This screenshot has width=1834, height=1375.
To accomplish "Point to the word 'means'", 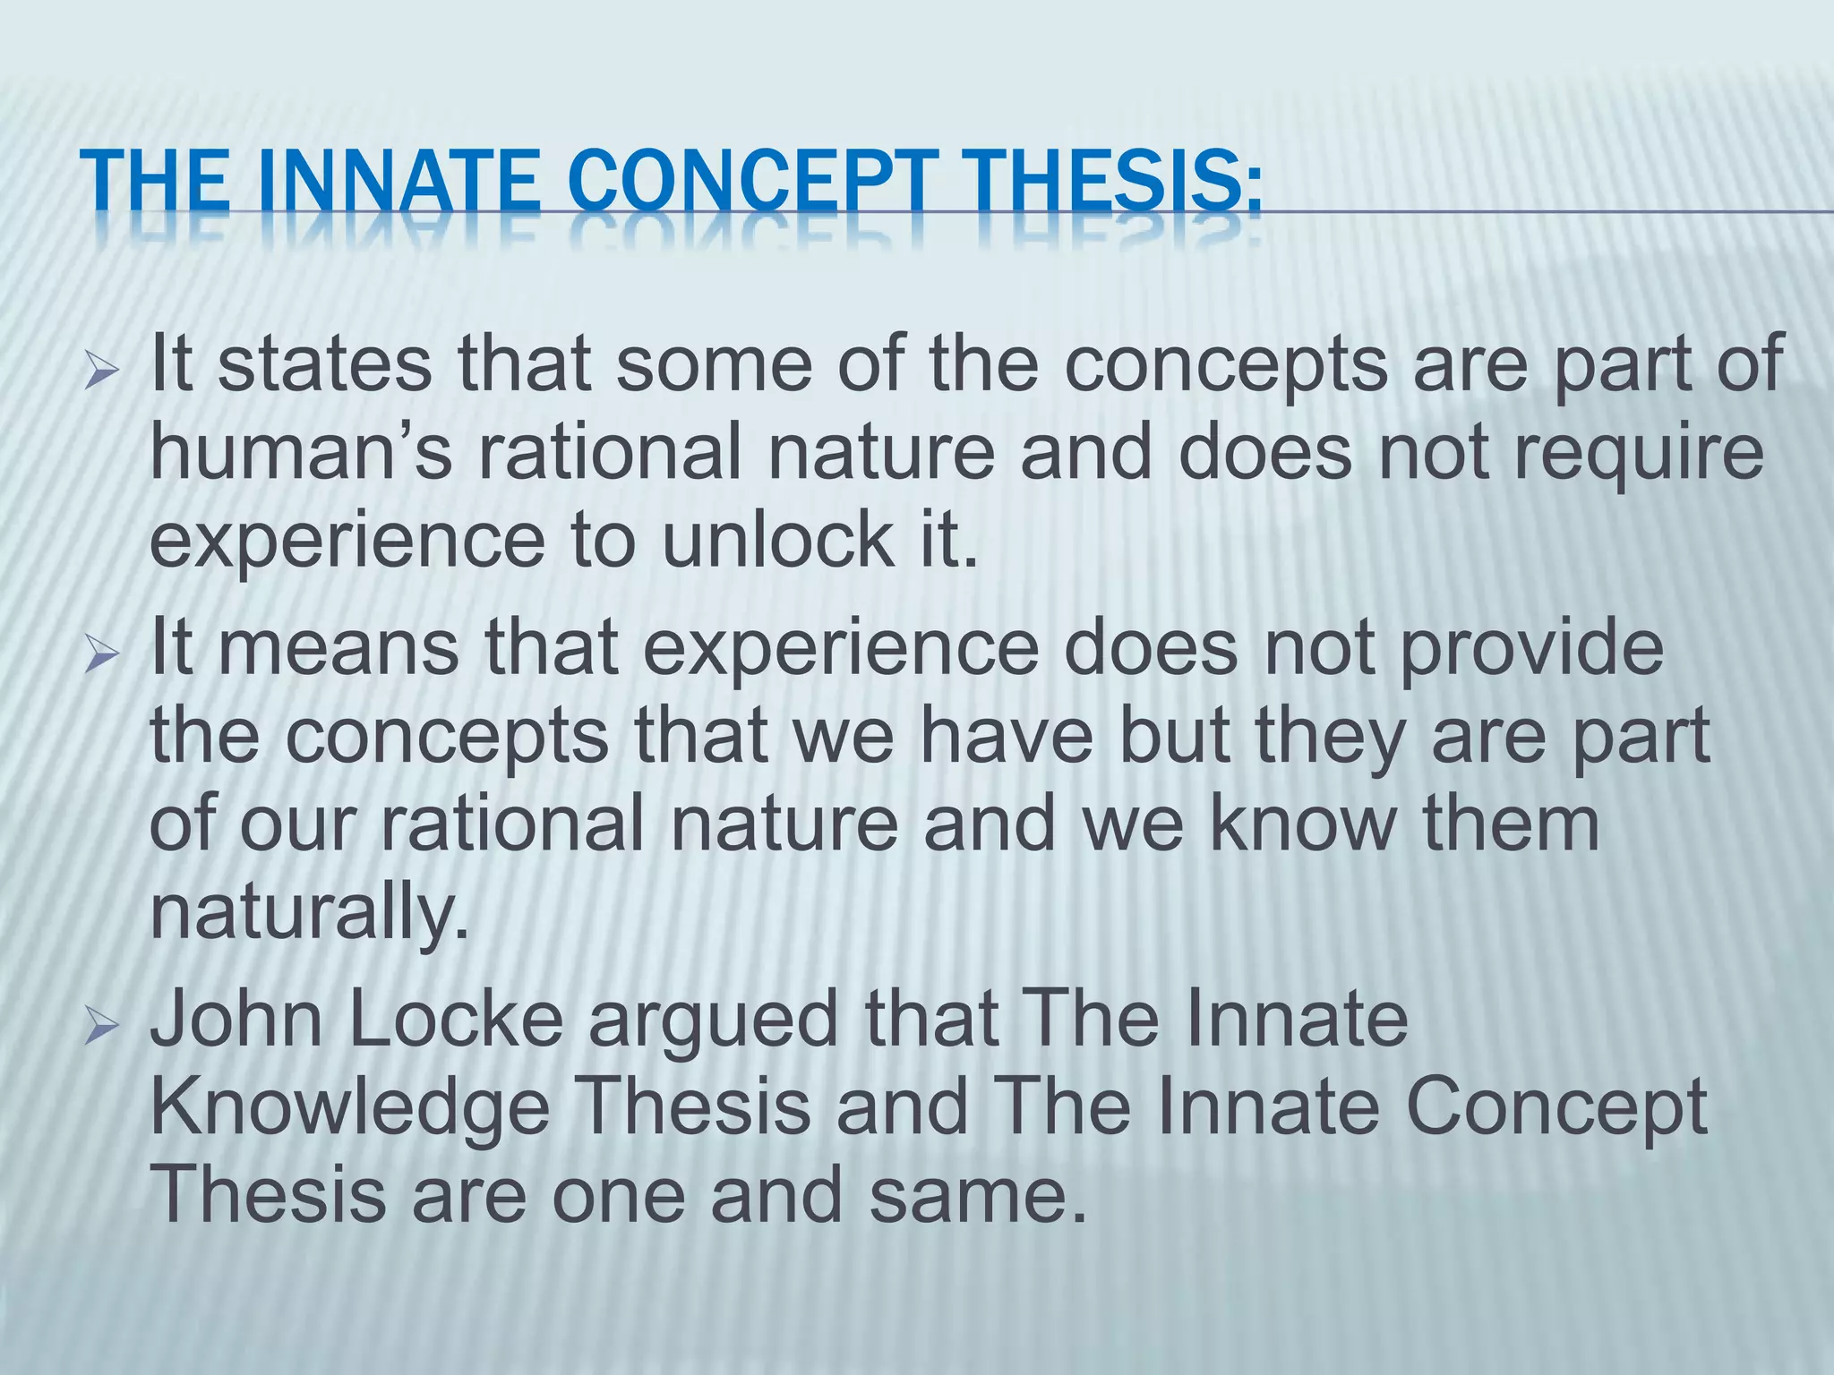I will tap(338, 648).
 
